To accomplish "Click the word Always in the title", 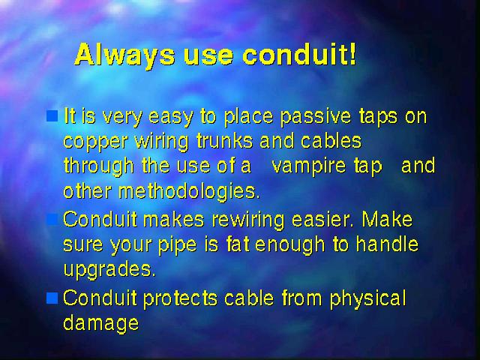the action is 124,55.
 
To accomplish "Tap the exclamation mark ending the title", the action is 353,54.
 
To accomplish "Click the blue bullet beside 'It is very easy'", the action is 52,116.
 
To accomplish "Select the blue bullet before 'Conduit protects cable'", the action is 52,298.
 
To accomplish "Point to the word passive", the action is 316,117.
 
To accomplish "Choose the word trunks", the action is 225,141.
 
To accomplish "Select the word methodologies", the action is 189,192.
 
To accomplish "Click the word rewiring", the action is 248,220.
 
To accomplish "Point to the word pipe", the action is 178,245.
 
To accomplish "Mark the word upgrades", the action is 109,270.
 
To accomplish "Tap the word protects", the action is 180,298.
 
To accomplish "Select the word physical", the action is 368,298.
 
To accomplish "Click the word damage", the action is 101,324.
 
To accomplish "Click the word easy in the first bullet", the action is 171,118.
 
